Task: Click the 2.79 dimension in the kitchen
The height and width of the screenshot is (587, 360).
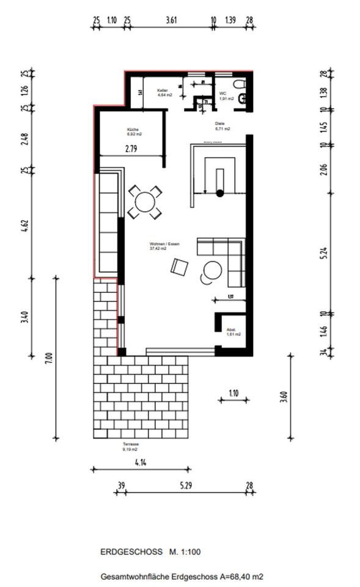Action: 131,148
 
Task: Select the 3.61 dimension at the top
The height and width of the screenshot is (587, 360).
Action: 171,20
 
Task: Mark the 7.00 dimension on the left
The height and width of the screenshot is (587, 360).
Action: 50,358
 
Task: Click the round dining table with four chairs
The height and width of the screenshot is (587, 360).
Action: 145,202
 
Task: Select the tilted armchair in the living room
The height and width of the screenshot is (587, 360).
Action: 180,267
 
